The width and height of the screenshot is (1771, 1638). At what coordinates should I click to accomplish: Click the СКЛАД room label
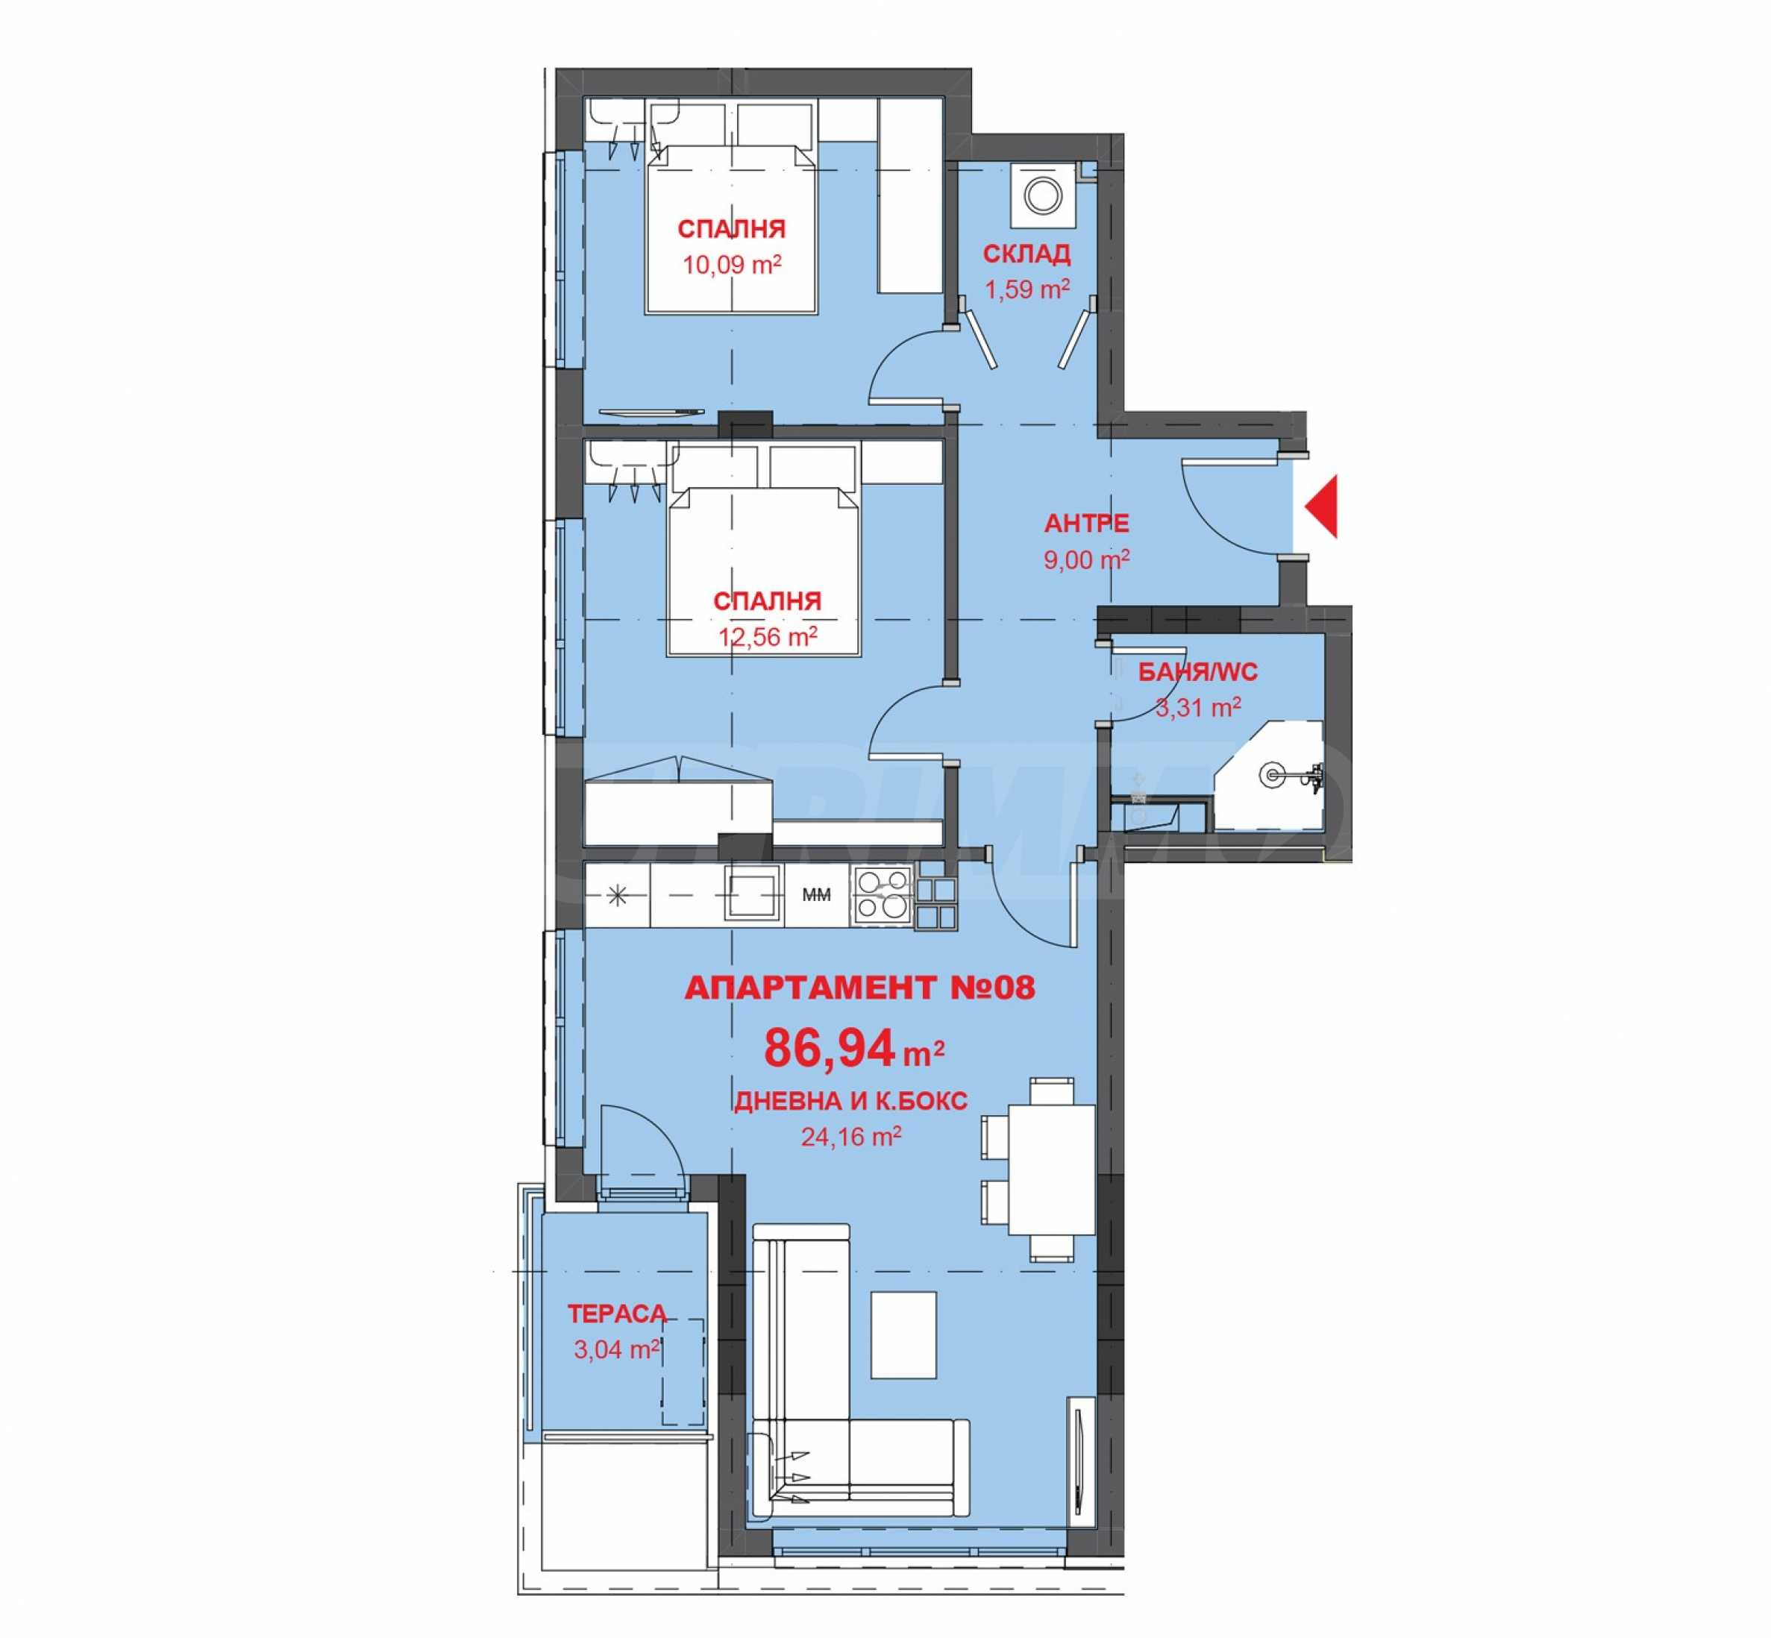tap(1026, 254)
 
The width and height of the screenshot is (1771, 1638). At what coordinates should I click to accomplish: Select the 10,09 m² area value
tap(731, 264)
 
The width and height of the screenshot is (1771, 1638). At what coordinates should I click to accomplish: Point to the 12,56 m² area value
tap(767, 636)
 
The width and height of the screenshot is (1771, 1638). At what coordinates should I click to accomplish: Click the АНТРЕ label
tap(1086, 523)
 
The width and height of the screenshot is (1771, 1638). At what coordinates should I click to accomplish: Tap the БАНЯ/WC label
tap(1197, 672)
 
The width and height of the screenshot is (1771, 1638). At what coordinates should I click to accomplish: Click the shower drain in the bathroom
tap(1272, 775)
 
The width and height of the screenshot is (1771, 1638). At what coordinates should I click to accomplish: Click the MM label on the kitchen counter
tap(816, 895)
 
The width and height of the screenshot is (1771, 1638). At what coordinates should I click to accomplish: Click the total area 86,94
tap(830, 1049)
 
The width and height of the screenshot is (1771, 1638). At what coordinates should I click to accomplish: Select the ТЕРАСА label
tap(617, 1314)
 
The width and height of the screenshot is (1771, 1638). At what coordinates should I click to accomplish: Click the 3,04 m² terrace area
tap(617, 1349)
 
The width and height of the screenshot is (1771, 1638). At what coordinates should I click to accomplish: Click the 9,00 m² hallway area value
tap(1086, 559)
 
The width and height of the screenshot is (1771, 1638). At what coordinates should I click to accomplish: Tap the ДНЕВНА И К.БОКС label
tap(850, 1101)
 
